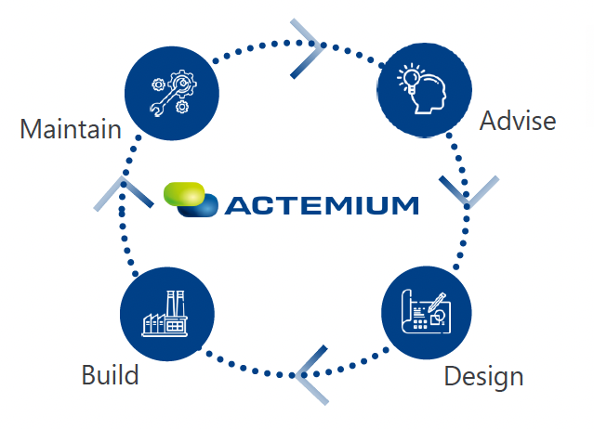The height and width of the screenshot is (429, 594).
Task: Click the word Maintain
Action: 71,128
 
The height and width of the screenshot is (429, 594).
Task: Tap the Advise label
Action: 517,121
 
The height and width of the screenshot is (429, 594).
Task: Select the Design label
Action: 483,377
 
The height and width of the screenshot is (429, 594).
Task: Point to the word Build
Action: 110,375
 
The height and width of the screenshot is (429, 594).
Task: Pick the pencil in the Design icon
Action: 437,300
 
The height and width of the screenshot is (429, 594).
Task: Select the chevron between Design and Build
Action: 312,374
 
